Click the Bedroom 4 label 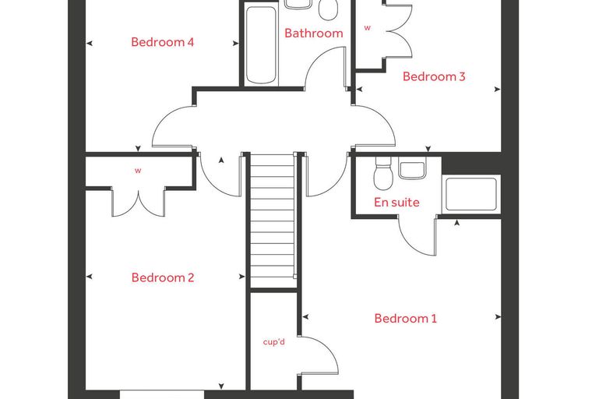pyautogui.click(x=162, y=42)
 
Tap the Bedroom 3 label pyautogui.click(x=434, y=76)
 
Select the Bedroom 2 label pyautogui.click(x=163, y=277)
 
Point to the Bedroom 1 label pyautogui.click(x=406, y=319)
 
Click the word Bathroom pyautogui.click(x=314, y=34)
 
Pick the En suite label pyautogui.click(x=396, y=203)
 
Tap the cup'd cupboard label pyautogui.click(x=273, y=342)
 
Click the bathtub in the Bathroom pyautogui.click(x=261, y=44)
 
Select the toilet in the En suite pyautogui.click(x=383, y=173)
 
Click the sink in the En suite pyautogui.click(x=412, y=168)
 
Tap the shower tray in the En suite pyautogui.click(x=471, y=194)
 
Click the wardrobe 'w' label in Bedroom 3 pyautogui.click(x=368, y=27)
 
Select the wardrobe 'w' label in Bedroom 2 pyautogui.click(x=138, y=171)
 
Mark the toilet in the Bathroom pyautogui.click(x=328, y=9)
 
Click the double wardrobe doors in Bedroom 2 pyautogui.click(x=138, y=204)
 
